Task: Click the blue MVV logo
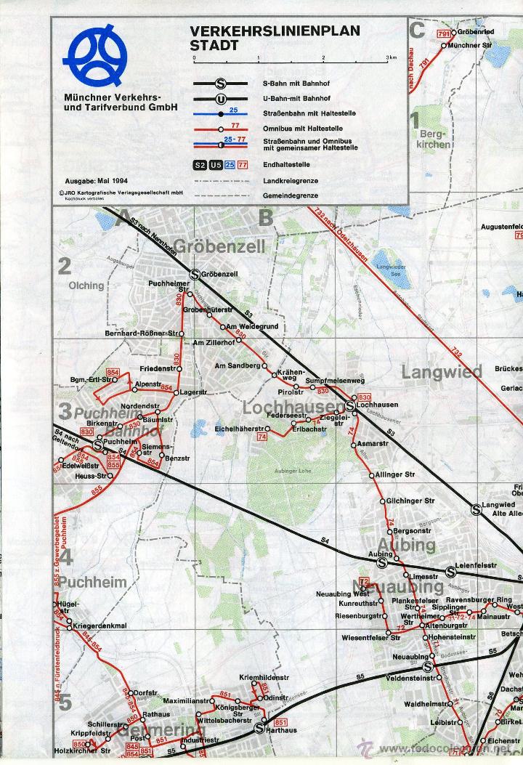pos(95,55)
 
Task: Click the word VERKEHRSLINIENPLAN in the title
pos(275,31)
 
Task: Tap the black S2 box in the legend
pos(199,165)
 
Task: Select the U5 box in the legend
pos(214,165)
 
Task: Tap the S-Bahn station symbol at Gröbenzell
pos(194,274)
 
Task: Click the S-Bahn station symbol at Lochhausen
pos(350,404)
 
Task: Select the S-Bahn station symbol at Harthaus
pos(259,729)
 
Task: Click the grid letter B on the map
pos(266,217)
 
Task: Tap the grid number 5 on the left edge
pos(65,703)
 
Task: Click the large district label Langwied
pos(442,372)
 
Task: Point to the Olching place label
pos(86,286)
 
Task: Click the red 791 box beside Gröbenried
pos(444,34)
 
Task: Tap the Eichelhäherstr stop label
pos(239,429)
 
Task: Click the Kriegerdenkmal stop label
pos(100,625)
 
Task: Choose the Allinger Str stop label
pos(395,474)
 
